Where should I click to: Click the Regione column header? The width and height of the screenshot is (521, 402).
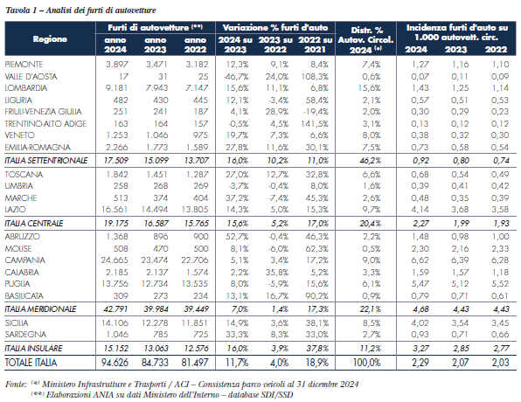pyautogui.click(x=50, y=39)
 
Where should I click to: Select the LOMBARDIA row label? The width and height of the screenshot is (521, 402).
pyautogui.click(x=26, y=88)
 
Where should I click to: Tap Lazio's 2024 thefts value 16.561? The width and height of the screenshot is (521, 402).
pyautogui.click(x=115, y=210)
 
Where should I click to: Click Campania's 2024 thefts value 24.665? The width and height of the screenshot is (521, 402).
pyautogui.click(x=115, y=260)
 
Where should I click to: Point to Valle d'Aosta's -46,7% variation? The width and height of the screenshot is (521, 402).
pyautogui.click(x=236, y=76)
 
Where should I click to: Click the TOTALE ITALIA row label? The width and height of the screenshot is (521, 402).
pyautogui.click(x=31, y=363)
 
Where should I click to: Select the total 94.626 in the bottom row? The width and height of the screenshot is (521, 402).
pyautogui.click(x=115, y=363)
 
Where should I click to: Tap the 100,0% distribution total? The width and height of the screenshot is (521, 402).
pyautogui.click(x=367, y=363)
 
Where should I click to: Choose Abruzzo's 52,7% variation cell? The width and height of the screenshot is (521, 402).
pyautogui.click(x=237, y=237)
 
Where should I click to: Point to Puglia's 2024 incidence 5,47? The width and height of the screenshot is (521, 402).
pyautogui.click(x=420, y=284)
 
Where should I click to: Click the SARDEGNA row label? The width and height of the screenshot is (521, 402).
pyautogui.click(x=25, y=334)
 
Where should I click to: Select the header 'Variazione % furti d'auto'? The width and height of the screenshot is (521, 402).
pyautogui.click(x=275, y=28)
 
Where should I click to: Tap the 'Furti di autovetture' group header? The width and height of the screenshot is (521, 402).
pyautogui.click(x=156, y=28)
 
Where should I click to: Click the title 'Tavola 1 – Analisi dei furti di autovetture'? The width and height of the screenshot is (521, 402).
pyautogui.click(x=80, y=10)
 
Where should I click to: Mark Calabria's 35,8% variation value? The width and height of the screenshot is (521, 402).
pyautogui.click(x=277, y=272)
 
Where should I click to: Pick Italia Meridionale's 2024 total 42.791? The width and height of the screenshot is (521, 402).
pyautogui.click(x=115, y=309)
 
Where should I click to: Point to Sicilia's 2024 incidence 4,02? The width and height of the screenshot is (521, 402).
pyautogui.click(x=420, y=323)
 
